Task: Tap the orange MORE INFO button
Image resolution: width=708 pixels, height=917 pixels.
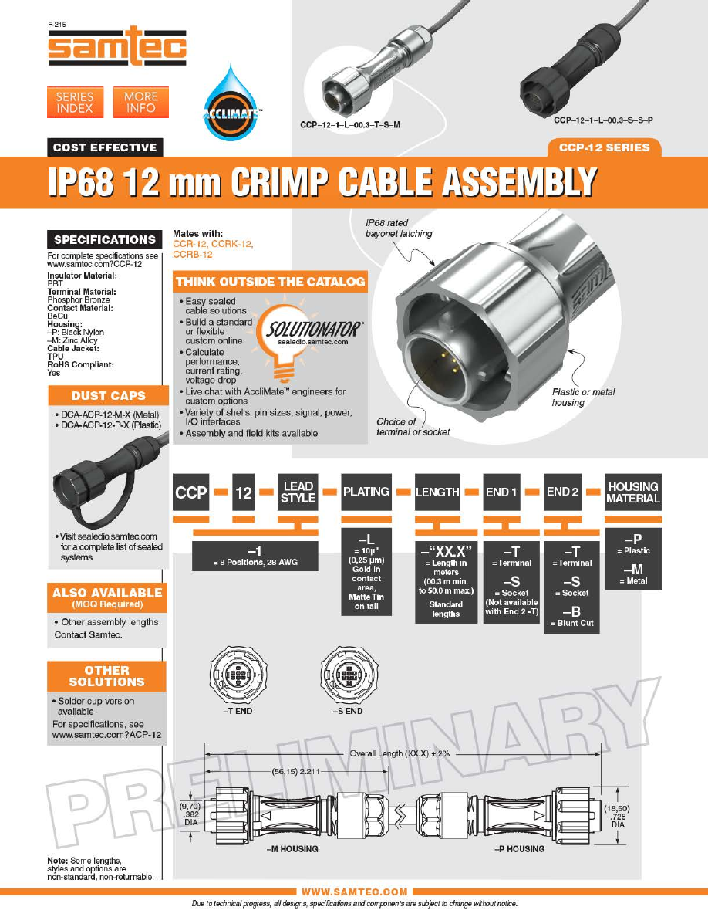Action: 141,103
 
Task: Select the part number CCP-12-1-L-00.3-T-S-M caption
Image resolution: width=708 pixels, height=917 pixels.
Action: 350,124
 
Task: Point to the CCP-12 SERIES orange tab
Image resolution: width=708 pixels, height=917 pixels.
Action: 604,147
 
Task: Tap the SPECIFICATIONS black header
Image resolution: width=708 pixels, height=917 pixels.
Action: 105,239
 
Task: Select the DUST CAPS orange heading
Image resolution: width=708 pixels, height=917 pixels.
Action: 108,395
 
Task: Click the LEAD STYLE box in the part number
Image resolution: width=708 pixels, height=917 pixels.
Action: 298,492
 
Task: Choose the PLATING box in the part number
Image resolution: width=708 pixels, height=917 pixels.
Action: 366,492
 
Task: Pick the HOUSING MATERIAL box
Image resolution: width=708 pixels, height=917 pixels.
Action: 632,492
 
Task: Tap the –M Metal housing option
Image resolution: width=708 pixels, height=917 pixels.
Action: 633,573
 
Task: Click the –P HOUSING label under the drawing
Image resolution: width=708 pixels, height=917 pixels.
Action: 519,848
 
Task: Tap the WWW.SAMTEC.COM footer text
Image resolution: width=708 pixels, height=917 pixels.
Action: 355,892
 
